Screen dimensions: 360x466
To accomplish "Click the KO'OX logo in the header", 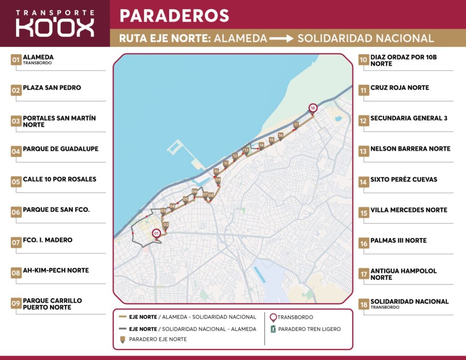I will click(55, 24).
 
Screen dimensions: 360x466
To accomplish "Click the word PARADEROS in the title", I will click(174, 15).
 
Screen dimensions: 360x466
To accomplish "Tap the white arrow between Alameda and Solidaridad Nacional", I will click(281, 39).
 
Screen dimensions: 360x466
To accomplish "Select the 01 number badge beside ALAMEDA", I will click(16, 60).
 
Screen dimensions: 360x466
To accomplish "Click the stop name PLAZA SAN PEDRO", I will click(52, 87).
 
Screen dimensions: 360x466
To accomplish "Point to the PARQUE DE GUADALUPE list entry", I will click(61, 149).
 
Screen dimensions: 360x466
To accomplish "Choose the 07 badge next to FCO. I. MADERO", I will click(16, 243).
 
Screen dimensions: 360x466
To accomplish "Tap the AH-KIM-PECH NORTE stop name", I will click(56, 270).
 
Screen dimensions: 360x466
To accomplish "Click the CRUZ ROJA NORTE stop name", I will click(400, 87).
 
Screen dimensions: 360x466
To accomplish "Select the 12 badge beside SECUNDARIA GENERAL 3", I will click(364, 121).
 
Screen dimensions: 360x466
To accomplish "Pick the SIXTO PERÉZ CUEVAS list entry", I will click(404, 179).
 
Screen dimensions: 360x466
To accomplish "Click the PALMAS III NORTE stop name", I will click(398, 240).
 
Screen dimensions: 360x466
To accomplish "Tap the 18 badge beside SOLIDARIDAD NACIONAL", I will click(364, 304).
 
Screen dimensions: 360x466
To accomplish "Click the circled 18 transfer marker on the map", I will click(313, 108).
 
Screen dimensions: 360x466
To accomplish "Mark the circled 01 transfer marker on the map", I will click(157, 233).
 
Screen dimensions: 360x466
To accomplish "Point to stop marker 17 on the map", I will click(296, 125).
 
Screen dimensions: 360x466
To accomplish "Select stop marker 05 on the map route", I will click(185, 199).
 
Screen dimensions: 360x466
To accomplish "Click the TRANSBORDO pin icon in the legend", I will click(273, 317).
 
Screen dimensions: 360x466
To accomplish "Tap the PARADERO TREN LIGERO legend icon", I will click(273, 329).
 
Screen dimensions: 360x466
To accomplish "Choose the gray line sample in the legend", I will click(122, 329).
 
